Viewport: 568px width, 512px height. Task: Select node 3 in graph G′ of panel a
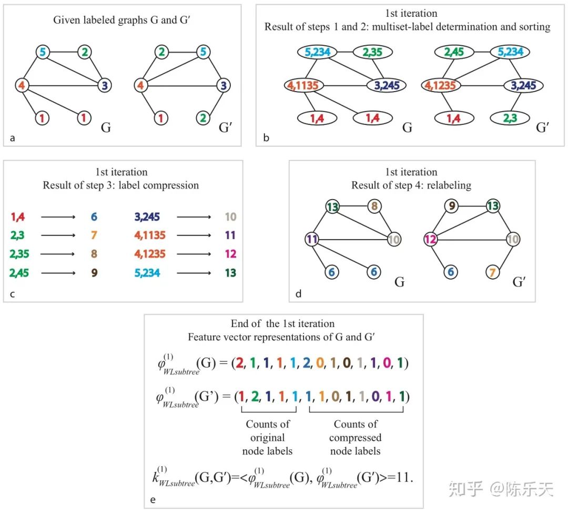(x=224, y=85)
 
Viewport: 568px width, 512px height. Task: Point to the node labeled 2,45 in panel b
(x=454, y=52)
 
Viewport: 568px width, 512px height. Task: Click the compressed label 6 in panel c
(x=94, y=216)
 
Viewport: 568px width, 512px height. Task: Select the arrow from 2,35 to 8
(x=59, y=254)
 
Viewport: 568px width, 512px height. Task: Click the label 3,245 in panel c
(x=146, y=216)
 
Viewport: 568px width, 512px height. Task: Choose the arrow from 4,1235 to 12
(x=194, y=254)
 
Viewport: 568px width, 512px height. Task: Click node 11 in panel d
(x=312, y=240)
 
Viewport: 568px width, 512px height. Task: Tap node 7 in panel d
(x=493, y=272)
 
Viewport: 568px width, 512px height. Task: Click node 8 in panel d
(x=374, y=206)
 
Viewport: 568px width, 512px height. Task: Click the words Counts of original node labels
(x=267, y=437)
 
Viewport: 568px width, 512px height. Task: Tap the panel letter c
(x=12, y=294)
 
